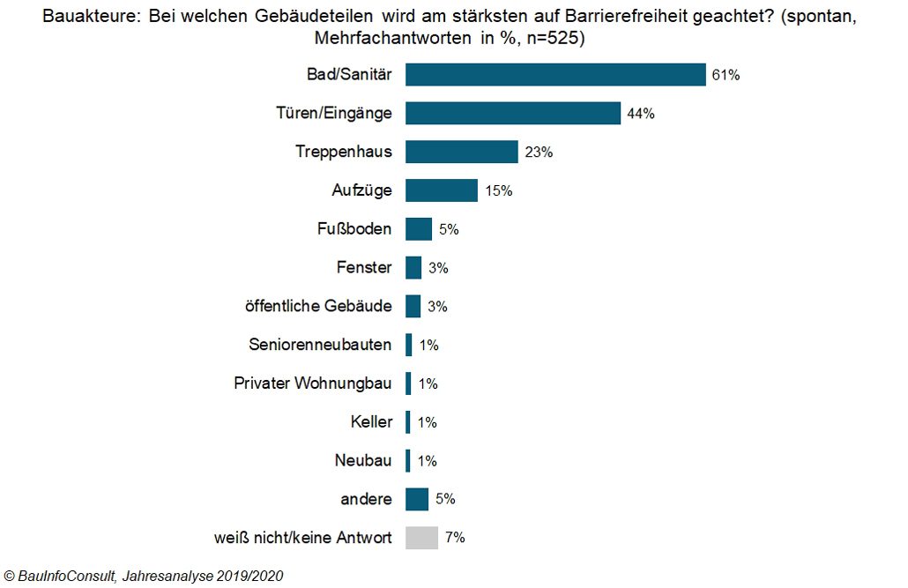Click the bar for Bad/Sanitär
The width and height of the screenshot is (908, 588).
coord(555,75)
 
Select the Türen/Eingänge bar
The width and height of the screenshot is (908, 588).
coord(513,114)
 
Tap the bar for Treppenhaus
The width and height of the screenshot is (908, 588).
coord(461,152)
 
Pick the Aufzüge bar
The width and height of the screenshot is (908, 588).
coord(441,190)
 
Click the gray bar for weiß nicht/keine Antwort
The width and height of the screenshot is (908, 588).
coord(421,538)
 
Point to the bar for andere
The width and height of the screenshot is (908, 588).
coord(417,499)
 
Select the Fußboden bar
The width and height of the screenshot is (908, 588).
coord(419,229)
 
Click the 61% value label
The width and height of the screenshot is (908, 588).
coord(726,75)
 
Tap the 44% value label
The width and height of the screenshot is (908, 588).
coord(640,114)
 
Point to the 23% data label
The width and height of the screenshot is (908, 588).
coord(539,153)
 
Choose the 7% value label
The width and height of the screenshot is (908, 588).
coord(455,538)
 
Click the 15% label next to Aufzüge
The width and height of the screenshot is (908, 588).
coord(498,190)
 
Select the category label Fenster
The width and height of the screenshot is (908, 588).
coord(364,268)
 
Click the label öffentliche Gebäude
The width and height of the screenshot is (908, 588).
coord(318,306)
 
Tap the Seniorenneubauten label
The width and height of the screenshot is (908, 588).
coord(320,345)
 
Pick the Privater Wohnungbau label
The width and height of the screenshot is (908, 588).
coord(313,383)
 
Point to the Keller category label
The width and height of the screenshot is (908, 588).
coord(371,422)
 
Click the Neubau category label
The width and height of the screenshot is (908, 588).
coord(363,460)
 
